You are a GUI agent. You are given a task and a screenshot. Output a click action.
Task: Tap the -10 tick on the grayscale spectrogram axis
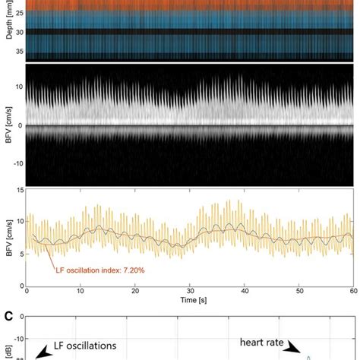[x=18, y=163]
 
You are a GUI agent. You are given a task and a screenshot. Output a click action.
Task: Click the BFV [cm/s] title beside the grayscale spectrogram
[x=7, y=125]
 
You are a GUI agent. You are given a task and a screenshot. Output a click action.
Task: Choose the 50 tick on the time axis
[x=298, y=290]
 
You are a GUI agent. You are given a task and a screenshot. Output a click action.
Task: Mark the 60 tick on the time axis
[x=352, y=290]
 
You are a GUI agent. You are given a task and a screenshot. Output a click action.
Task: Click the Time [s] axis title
[x=189, y=300]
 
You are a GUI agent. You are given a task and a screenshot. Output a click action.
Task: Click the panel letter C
[x=7, y=313]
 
